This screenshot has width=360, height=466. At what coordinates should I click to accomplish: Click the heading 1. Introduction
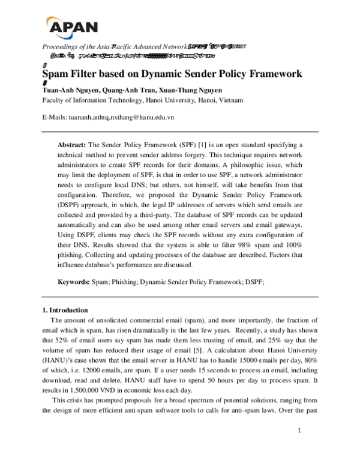65,310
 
